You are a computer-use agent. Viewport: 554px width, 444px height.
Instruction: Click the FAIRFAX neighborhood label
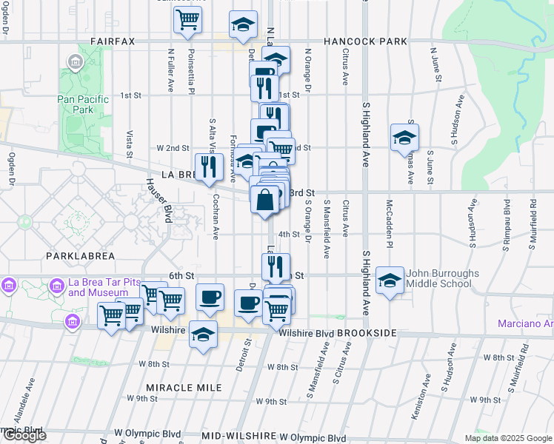(113, 41)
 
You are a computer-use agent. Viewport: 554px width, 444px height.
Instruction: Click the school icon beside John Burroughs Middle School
(390, 280)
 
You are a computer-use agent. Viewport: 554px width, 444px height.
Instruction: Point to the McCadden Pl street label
(389, 222)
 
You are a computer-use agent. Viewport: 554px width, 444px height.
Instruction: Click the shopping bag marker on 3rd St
(265, 200)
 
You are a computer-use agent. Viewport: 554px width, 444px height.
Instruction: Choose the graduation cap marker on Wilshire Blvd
(203, 334)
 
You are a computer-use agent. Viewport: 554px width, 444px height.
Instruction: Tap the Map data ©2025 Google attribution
(508, 438)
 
